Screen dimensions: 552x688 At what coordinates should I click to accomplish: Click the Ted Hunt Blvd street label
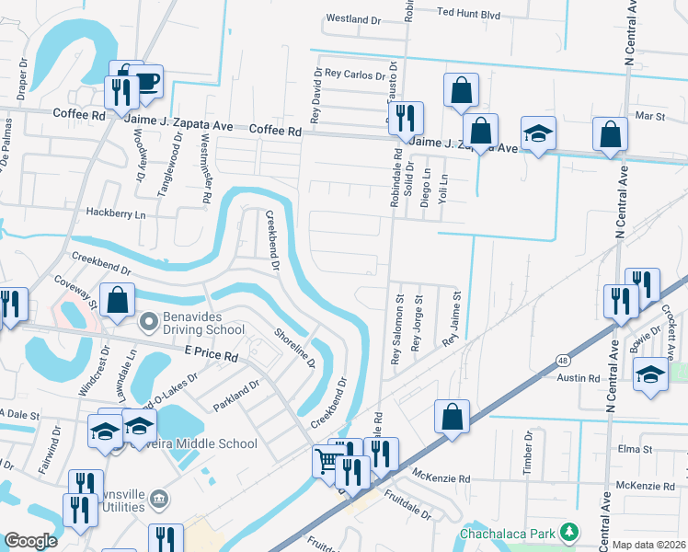pyautogui.click(x=468, y=14)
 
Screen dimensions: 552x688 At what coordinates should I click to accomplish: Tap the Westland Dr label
pyautogui.click(x=354, y=18)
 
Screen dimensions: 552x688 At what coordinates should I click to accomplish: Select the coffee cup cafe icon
pyautogui.click(x=145, y=83)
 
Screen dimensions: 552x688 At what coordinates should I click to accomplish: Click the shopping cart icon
pyautogui.click(x=328, y=460)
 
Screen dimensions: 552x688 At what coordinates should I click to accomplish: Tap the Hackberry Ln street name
pyautogui.click(x=116, y=213)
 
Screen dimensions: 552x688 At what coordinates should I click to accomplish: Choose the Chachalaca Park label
pyautogui.click(x=509, y=533)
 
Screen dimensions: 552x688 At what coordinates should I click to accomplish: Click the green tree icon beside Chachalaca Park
pyautogui.click(x=569, y=532)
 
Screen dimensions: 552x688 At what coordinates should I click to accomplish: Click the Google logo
pyautogui.click(x=30, y=540)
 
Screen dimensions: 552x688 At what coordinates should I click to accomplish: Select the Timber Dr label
pyautogui.click(x=529, y=457)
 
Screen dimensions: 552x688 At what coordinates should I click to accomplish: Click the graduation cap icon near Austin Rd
pyautogui.click(x=649, y=375)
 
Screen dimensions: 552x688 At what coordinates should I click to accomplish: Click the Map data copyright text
pyautogui.click(x=648, y=545)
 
